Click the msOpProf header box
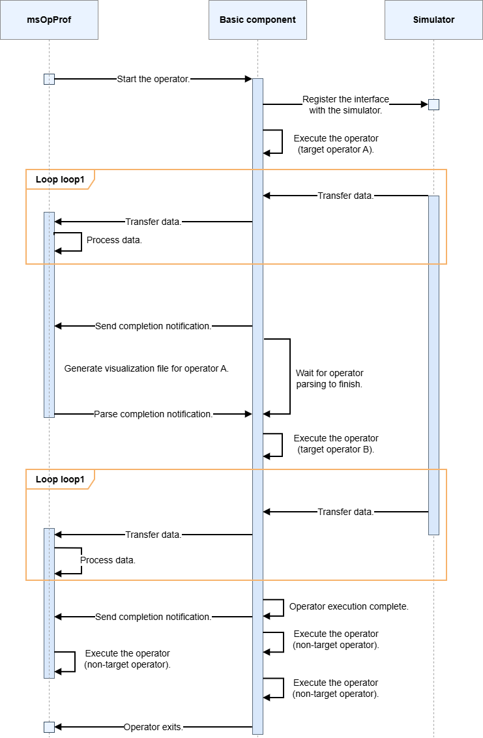[x=49, y=20]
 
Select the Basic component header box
[x=257, y=20]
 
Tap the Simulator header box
[x=433, y=20]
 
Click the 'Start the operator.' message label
[x=153, y=79]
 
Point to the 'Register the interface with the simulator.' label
[x=345, y=104]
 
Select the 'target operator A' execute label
[x=336, y=144]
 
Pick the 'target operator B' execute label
[x=336, y=444]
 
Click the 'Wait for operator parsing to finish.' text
[x=330, y=378]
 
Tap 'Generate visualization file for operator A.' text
[x=147, y=368]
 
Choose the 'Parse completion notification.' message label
[x=153, y=414]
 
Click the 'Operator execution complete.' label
[x=349, y=606]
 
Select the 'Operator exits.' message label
[x=153, y=727]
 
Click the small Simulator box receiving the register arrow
[x=433, y=104]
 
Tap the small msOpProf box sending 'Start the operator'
[x=49, y=79]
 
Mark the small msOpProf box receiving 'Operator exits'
[x=49, y=727]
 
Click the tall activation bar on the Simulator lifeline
[x=433, y=365]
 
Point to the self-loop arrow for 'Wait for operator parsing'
[x=290, y=377]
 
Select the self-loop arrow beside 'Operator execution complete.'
[x=284, y=608]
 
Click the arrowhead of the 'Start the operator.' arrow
[x=249, y=79]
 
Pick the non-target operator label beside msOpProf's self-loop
[x=127, y=659]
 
